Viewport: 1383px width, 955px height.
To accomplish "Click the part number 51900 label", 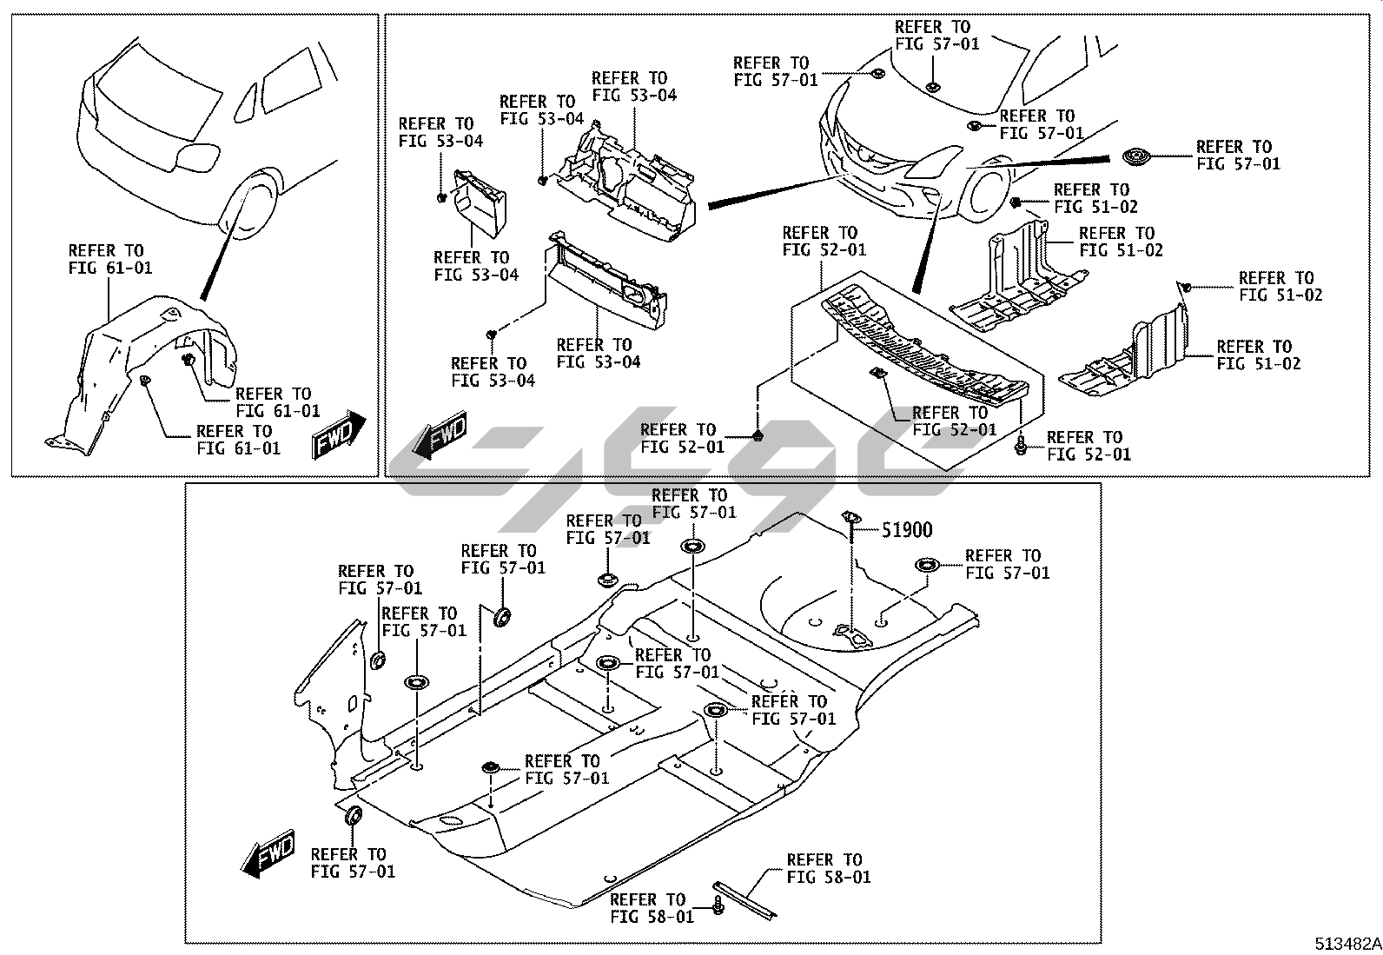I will point(908,529).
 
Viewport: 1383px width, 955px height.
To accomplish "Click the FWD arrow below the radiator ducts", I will point(440,436).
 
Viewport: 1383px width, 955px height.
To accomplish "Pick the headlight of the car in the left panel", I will point(197,157).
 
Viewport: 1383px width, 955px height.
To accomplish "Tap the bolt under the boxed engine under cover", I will point(1022,447).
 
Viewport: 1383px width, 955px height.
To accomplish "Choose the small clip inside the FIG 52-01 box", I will point(877,374).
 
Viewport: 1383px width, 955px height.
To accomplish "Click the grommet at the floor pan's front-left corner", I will point(354,816).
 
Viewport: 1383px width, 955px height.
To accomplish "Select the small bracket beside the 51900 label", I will point(850,521).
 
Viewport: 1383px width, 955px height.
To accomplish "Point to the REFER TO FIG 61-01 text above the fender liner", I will point(110,259).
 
